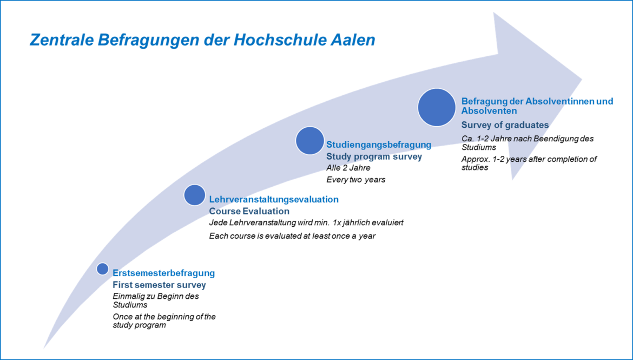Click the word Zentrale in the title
coord(61,41)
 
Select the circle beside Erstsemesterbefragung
coord(103,269)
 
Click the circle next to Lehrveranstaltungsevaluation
coord(195,195)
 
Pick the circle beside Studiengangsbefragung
coord(310,141)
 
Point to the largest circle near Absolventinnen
coord(437,108)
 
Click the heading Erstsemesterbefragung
coord(163,273)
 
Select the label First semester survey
coord(159,285)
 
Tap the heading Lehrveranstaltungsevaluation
coord(274,199)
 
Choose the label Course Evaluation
coord(249,211)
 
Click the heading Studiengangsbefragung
coord(379,145)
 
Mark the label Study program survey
coord(374,156)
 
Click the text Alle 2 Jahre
coord(348,168)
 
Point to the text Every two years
coord(355,179)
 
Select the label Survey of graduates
coord(505,125)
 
